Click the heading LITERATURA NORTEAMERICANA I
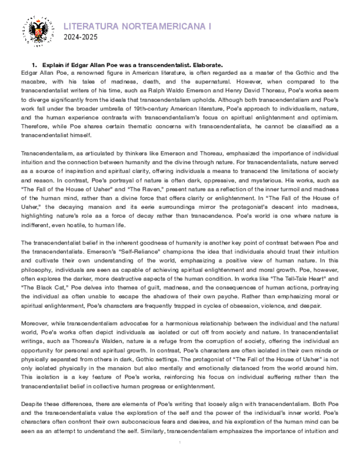click(137, 26)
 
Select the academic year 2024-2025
click(80, 37)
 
